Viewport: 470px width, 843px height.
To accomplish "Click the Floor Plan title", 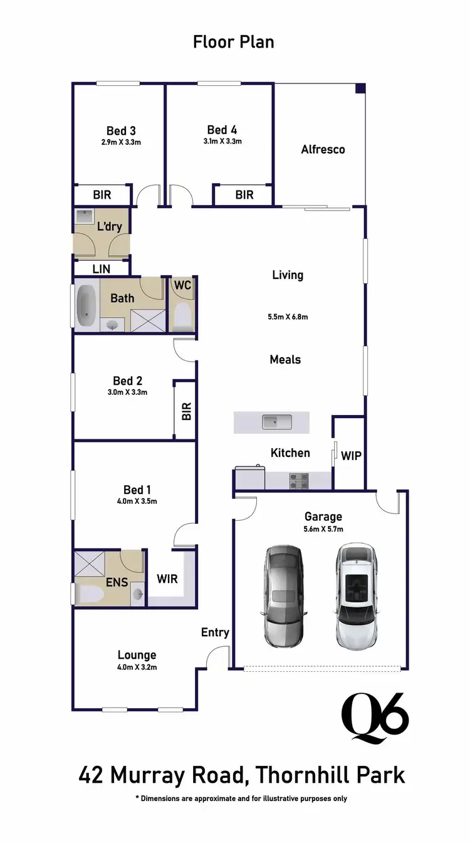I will [x=233, y=43].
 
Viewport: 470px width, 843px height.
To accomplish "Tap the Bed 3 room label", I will [x=121, y=130].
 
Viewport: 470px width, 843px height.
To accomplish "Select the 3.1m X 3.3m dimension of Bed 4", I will [x=222, y=142].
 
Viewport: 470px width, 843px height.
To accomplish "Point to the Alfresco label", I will [x=323, y=149].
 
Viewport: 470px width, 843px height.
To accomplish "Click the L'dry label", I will [x=110, y=226].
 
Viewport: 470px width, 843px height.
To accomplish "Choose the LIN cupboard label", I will [x=102, y=269].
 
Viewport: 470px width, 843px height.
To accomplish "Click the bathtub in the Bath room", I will [x=86, y=306].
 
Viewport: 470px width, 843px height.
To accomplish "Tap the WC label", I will [x=183, y=285].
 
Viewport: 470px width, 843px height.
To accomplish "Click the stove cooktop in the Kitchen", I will [x=298, y=481].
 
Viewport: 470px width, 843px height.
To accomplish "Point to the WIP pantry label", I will [x=351, y=456].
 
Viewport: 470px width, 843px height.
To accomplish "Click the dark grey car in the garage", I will [x=283, y=595].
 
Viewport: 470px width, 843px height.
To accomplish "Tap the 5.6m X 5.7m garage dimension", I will [x=323, y=529].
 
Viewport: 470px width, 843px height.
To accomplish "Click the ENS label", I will [x=117, y=582].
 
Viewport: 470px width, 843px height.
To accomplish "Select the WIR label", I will [x=167, y=579].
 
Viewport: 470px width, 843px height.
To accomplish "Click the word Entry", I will [x=215, y=632].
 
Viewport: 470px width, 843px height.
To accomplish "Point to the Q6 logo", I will [x=375, y=718].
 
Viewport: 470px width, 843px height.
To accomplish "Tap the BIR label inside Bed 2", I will [x=186, y=411].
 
